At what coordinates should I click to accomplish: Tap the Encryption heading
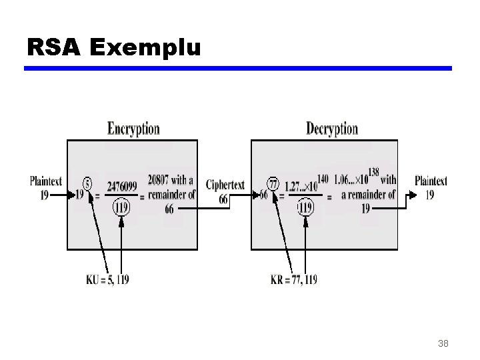tap(133, 129)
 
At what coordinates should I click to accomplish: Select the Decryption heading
tap(331, 129)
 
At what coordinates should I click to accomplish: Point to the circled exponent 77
tap(272, 183)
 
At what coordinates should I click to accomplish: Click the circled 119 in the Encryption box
tap(121, 207)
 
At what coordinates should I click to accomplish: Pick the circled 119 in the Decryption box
tap(305, 207)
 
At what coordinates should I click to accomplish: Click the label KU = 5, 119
tap(107, 279)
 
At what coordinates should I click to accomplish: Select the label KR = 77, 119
tap(294, 279)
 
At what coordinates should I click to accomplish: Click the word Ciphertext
tap(225, 185)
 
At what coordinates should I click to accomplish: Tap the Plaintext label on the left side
tap(46, 181)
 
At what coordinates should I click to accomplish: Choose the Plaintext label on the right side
tap(431, 181)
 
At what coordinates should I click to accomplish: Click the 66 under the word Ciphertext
tap(223, 198)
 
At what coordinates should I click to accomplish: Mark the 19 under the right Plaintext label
tap(430, 195)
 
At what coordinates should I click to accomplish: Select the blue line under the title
tap(238, 69)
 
